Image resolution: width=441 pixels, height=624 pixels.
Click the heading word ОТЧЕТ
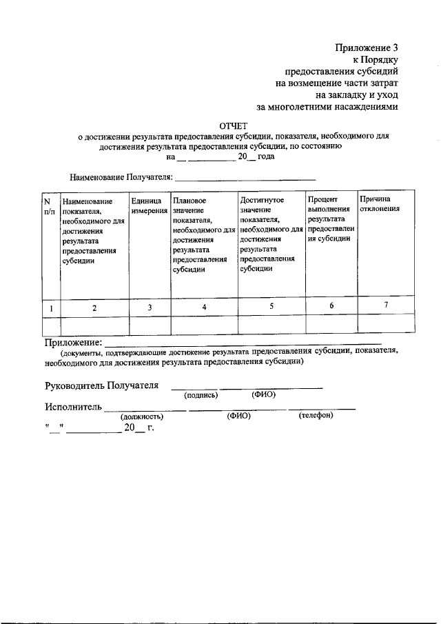(233, 125)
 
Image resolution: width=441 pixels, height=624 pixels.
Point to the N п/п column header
(49, 205)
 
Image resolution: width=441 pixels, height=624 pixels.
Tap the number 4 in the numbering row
(204, 308)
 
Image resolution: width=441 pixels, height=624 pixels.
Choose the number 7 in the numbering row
(385, 305)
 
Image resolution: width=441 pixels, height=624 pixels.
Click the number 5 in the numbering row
(271, 307)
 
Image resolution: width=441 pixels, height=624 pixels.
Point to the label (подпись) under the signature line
(201, 395)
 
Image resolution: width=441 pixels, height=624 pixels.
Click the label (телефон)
(316, 416)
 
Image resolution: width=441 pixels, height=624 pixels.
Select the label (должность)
(141, 416)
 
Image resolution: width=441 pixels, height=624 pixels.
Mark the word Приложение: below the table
(73, 342)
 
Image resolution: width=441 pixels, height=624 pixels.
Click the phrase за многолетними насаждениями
(327, 108)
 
